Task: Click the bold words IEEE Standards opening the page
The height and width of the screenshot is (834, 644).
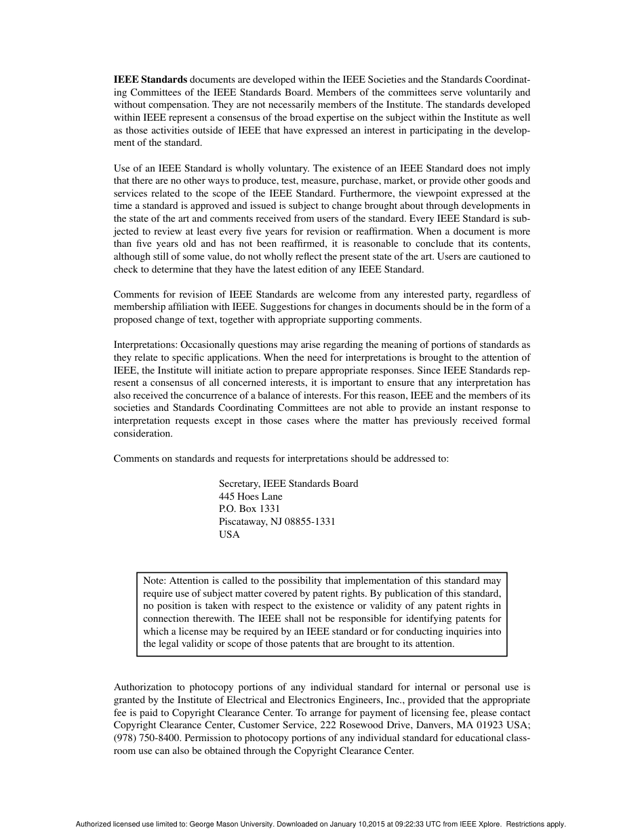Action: point(150,79)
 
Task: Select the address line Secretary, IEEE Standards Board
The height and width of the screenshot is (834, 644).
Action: point(288,483)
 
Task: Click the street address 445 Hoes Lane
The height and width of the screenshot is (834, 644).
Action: point(250,496)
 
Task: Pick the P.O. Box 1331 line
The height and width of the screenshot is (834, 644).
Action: point(249,509)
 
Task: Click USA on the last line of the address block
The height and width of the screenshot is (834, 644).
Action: point(229,534)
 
